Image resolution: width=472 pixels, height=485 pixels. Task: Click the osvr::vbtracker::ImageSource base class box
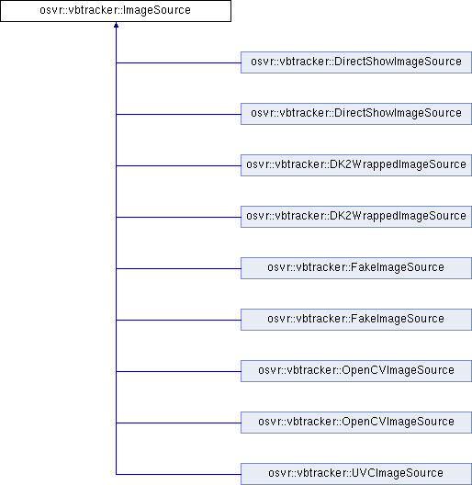click(x=116, y=11)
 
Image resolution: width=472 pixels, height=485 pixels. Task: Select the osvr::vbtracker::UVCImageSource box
click(x=356, y=474)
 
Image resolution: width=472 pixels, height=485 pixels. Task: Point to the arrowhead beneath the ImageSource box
click(x=116, y=25)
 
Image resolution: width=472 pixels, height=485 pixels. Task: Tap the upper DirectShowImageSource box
click(x=356, y=62)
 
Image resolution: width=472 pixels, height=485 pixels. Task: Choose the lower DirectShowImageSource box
click(x=356, y=114)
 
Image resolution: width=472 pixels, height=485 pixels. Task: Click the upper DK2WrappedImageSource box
click(x=356, y=165)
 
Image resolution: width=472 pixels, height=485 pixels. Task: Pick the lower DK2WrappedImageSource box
click(x=356, y=217)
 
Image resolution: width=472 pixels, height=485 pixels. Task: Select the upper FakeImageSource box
click(x=356, y=268)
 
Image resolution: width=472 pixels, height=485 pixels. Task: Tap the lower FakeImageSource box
click(x=356, y=320)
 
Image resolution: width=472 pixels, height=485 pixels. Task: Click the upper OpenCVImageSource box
click(x=356, y=371)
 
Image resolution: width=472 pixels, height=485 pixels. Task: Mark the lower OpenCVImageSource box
click(x=356, y=423)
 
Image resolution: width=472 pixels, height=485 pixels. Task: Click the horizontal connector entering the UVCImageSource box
click(x=178, y=474)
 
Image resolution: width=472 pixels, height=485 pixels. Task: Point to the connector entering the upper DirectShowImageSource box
click(x=178, y=62)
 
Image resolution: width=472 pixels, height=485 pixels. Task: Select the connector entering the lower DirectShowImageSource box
click(x=178, y=114)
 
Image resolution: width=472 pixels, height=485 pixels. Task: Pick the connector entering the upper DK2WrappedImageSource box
click(x=178, y=165)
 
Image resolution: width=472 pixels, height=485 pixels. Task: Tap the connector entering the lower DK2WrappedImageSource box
click(x=178, y=217)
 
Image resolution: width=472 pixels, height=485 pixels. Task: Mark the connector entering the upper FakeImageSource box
click(x=178, y=268)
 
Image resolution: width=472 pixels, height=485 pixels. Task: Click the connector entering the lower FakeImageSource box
click(x=178, y=321)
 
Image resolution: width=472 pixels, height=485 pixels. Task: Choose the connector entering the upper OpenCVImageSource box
click(x=178, y=371)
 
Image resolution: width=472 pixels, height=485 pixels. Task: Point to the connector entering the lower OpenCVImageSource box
click(x=178, y=423)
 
